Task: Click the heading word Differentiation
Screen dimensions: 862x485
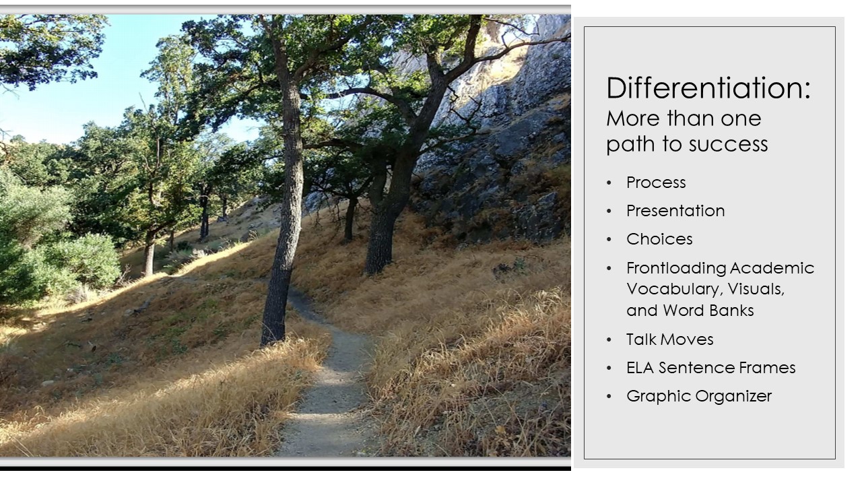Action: (705, 88)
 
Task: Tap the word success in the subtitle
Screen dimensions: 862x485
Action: (728, 144)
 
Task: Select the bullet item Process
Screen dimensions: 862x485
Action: (656, 183)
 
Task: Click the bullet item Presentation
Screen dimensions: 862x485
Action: (675, 211)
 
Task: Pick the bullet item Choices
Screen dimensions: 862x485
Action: (659, 239)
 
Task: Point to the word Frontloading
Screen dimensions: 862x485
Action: (677, 268)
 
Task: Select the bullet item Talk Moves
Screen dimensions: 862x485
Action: (669, 339)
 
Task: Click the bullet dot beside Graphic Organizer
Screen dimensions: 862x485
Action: (609, 397)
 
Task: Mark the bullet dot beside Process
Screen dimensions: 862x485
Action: (609, 183)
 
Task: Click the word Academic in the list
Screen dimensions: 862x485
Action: (772, 268)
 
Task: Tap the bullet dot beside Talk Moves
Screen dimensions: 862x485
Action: (609, 340)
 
